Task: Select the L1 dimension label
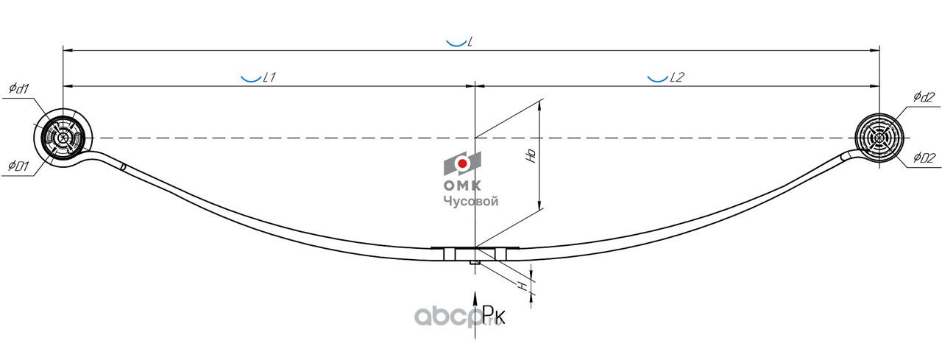[269, 77]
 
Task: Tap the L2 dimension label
[677, 77]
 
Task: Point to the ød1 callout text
[19, 89]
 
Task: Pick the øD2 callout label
[924, 157]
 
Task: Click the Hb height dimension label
[531, 155]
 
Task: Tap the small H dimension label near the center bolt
[523, 285]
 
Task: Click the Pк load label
[494, 316]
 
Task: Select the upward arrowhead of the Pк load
[476, 296]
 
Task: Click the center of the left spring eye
[63, 138]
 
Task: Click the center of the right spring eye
[879, 138]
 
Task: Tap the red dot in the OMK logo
[462, 163]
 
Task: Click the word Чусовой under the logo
[470, 200]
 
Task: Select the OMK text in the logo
[461, 186]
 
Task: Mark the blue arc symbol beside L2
[657, 77]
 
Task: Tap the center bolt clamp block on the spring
[476, 254]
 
